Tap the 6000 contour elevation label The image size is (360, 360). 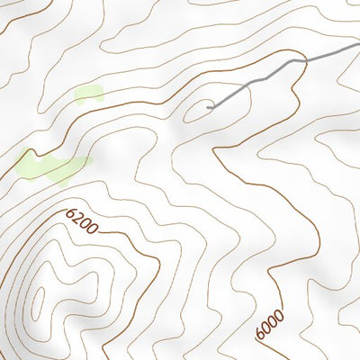tap(269, 325)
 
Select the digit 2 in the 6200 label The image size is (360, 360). tap(77, 218)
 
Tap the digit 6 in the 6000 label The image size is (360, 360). tap(262, 335)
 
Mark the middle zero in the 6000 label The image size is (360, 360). tap(272, 320)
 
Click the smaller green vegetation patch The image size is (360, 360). tap(88, 93)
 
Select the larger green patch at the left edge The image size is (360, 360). tap(49, 166)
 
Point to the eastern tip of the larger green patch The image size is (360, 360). tap(92, 161)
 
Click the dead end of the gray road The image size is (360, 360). tap(208, 108)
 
